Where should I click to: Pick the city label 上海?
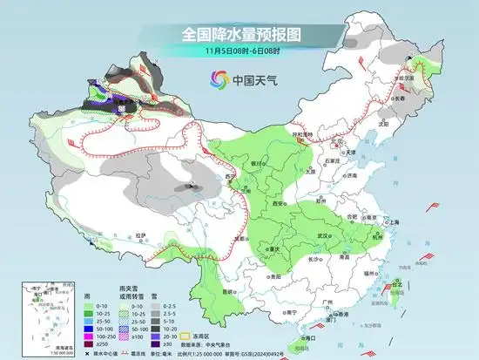(x=394, y=222)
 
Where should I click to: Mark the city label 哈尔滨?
(x=425, y=74)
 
